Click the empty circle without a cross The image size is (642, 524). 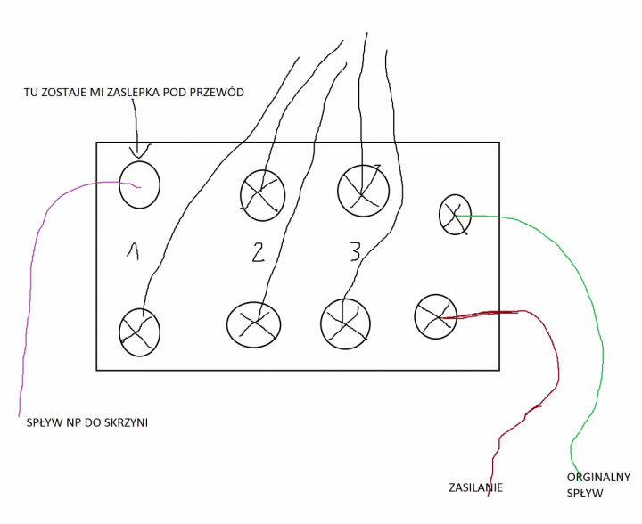point(139,184)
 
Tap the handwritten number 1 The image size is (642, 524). point(134,252)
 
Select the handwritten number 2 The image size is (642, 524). point(258,252)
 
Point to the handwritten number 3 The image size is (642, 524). point(355,251)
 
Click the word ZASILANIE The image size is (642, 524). point(475,487)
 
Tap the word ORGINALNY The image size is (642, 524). point(598,477)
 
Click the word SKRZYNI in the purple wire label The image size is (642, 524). point(125,422)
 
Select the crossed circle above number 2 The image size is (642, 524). point(262,193)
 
